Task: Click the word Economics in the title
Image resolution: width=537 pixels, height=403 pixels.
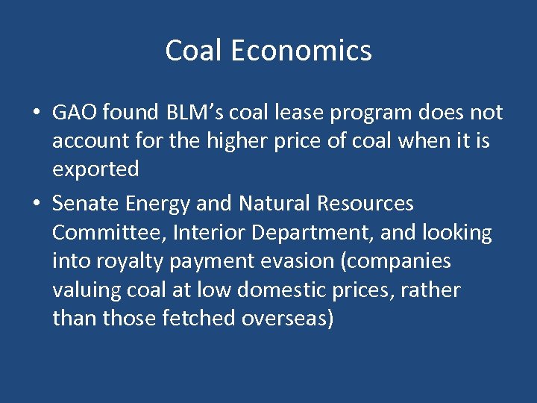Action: click(301, 51)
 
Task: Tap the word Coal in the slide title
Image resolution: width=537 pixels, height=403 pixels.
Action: click(194, 51)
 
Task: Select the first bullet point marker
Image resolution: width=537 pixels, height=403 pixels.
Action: click(36, 113)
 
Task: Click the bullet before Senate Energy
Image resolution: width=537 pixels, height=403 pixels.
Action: click(36, 204)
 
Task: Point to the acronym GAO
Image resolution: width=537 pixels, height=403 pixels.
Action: click(75, 113)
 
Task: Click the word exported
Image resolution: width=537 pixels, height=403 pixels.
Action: click(95, 169)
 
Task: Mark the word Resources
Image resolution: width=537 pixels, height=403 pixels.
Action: click(365, 203)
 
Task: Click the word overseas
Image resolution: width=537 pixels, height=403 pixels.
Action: click(287, 318)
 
